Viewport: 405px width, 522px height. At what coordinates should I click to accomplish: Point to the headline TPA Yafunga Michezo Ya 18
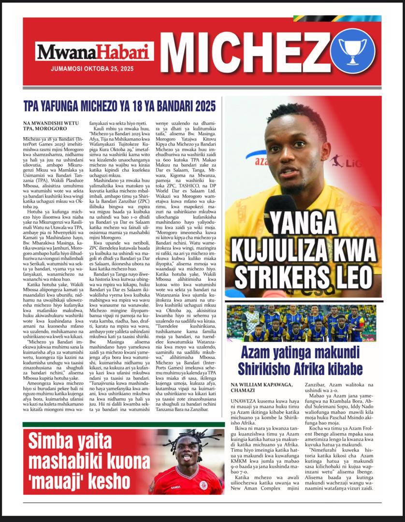[119, 106]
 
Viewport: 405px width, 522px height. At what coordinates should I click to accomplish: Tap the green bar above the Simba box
[124, 424]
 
